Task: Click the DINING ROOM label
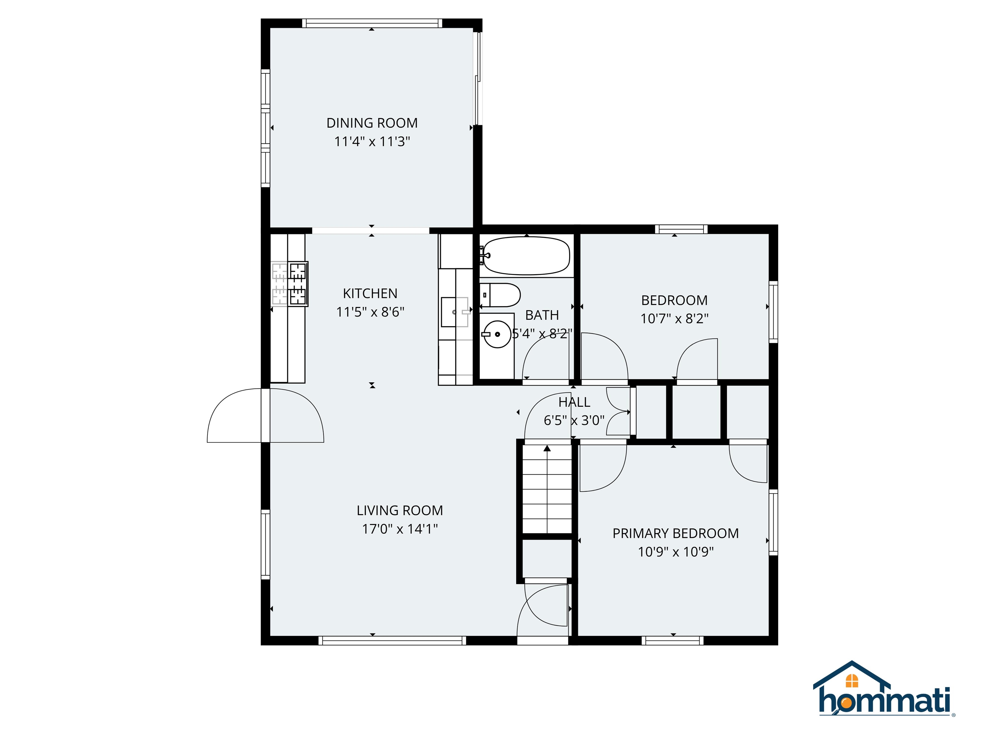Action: tap(372, 123)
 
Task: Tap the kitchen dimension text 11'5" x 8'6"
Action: tap(370, 312)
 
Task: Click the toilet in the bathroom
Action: tap(501, 295)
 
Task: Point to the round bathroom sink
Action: tap(497, 334)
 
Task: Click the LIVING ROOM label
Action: tap(400, 511)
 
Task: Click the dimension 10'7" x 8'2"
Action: tap(674, 319)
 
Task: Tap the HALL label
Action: tap(574, 402)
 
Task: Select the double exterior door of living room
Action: tap(265, 416)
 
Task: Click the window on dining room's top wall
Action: tap(372, 23)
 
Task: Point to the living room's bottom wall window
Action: tap(392, 641)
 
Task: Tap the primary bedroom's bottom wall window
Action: tap(672, 641)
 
